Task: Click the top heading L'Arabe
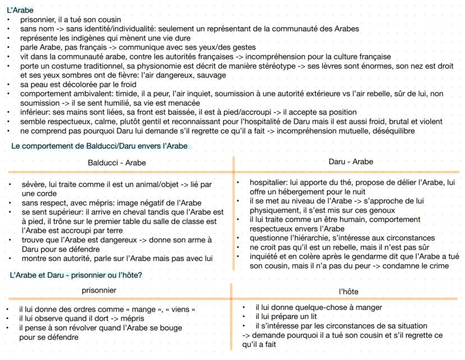[x=20, y=10]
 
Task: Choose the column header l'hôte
[x=348, y=292]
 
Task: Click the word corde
[x=42, y=192]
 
